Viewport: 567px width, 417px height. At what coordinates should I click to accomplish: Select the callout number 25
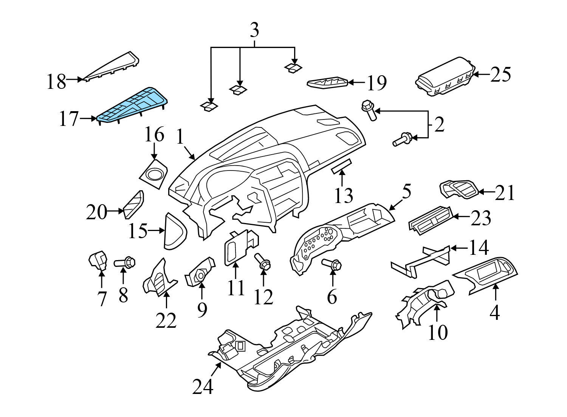click(x=500, y=74)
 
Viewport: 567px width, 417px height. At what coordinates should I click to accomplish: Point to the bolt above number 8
click(x=125, y=262)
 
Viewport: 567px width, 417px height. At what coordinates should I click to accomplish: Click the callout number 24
click(x=203, y=386)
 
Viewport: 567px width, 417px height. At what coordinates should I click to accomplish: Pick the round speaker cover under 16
click(x=154, y=175)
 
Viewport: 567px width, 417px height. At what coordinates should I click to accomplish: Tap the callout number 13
click(x=343, y=195)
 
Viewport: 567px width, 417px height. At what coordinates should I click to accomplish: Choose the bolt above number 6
click(x=332, y=264)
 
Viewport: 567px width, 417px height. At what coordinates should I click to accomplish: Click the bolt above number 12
click(x=263, y=262)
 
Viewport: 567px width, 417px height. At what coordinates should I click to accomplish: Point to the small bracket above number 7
click(x=98, y=261)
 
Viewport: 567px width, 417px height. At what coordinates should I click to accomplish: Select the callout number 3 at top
click(x=254, y=30)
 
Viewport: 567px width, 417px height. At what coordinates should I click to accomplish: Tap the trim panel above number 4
click(x=488, y=273)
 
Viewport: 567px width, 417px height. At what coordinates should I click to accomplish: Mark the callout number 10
click(x=437, y=332)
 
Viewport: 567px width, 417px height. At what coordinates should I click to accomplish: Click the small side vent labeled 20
click(x=133, y=205)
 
